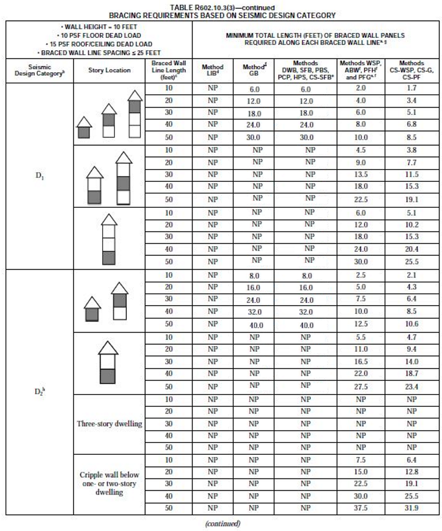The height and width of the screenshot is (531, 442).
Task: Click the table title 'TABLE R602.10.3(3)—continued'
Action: click(x=222, y=8)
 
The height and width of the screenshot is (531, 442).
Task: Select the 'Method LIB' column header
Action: click(x=212, y=70)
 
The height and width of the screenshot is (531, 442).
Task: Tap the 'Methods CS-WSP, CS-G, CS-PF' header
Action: click(x=412, y=70)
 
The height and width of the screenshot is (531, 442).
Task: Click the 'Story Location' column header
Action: click(x=109, y=70)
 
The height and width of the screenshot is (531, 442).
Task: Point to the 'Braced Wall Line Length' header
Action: click(x=168, y=70)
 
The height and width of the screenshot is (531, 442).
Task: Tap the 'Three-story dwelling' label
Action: click(x=109, y=424)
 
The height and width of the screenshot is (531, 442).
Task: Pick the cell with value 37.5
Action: click(x=360, y=508)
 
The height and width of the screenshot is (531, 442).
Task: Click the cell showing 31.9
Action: click(x=412, y=508)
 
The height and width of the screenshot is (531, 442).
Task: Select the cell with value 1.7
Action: click(x=412, y=88)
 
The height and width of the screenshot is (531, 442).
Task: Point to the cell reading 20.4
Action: click(x=412, y=249)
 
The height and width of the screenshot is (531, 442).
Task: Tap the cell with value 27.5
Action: click(x=360, y=387)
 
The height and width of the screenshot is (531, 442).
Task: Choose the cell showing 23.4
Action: click(x=412, y=387)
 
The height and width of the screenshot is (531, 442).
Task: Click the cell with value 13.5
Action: click(x=360, y=174)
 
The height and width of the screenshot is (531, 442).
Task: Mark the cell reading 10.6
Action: click(x=412, y=324)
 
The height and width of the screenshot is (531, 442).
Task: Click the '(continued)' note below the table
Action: click(x=222, y=524)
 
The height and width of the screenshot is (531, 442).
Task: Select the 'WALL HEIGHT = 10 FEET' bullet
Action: click(x=96, y=27)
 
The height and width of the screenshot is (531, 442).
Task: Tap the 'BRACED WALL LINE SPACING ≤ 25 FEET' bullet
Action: click(x=96, y=52)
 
